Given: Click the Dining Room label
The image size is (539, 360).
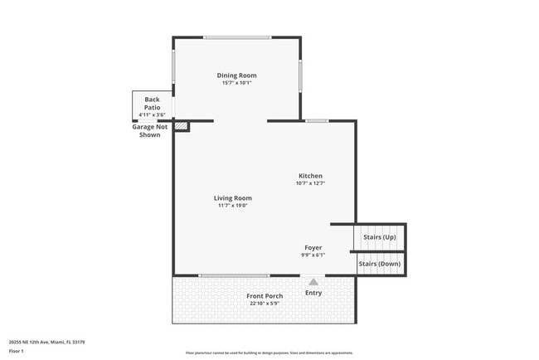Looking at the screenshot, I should coord(236,75).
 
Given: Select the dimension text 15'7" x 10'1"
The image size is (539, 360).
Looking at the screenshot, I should coord(236,83).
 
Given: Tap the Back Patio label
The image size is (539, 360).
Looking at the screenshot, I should coord(152,103).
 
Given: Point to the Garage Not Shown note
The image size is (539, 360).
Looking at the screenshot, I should coord(150,130).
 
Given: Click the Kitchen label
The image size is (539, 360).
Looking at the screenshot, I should coord(310,176).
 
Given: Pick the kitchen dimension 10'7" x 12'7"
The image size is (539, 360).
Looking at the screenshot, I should coord(310,183).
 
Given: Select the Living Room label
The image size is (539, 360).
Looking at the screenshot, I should coord(232,198).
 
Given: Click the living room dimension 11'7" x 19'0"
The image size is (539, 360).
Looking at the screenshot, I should coord(232,206).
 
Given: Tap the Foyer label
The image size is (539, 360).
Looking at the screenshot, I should coord(313,248).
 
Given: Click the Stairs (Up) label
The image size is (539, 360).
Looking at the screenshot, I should coord(379,237).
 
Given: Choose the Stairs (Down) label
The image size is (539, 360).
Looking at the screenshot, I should coord(379,264).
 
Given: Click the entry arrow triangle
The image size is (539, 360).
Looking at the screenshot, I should coord(313,283).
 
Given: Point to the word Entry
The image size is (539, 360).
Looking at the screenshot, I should coord(313,293).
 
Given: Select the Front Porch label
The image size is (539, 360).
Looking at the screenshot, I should coord(265,296).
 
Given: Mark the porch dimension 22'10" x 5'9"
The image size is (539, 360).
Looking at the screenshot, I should coord(265,304).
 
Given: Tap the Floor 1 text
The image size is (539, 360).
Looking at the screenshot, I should coord(17,351).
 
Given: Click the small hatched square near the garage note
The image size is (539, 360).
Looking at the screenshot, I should coord(182,127).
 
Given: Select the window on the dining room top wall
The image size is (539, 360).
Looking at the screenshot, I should coord(237,37).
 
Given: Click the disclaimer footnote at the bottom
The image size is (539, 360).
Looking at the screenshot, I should coord(269,353).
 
